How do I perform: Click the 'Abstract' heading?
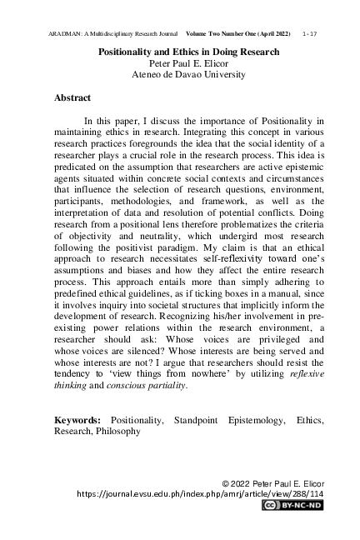point(72,98)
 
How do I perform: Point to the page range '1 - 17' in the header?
point(311,32)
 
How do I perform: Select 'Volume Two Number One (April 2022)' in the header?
point(237,32)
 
